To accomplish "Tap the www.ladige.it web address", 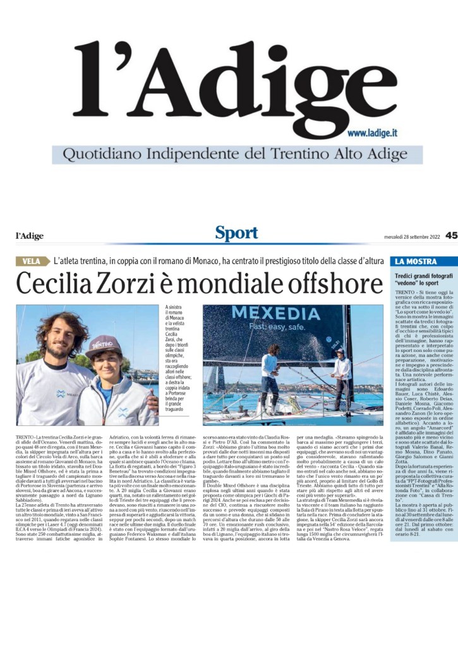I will [371, 133].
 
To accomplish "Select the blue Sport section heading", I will [236, 234].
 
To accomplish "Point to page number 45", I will [451, 235].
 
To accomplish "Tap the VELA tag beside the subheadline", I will [32, 261].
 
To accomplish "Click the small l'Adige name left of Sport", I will [30, 236].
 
